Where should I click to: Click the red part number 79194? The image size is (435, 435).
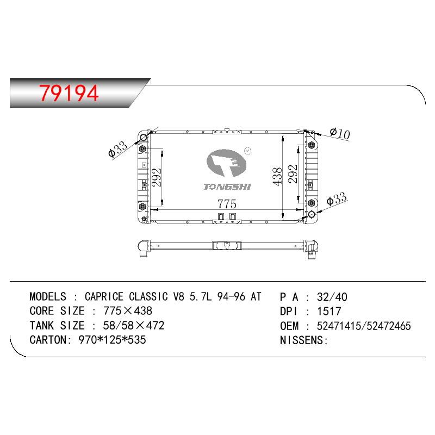pos(69,93)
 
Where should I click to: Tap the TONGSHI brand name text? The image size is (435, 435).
pos(227,187)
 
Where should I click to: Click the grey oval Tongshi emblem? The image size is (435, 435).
pos(226,163)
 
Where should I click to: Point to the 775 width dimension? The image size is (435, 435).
pos(227,204)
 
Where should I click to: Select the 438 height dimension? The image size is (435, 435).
pos(277,176)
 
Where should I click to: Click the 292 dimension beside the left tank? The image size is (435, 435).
pos(156,178)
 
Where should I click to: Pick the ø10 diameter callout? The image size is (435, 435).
pos(340,133)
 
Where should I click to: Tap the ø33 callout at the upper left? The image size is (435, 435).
pos(117,149)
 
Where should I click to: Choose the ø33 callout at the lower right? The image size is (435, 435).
pos(337,198)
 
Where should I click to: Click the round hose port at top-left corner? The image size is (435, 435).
pos(144,138)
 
